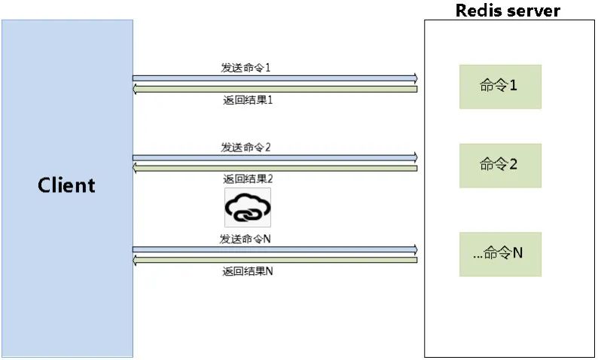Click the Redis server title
(x=508, y=10)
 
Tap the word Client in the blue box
(x=66, y=185)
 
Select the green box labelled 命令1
(x=500, y=86)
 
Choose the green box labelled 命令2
(x=500, y=165)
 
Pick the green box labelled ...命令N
(x=500, y=254)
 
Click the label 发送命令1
(x=246, y=67)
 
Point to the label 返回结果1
(x=247, y=100)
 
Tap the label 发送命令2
(x=246, y=147)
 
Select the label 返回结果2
(x=248, y=179)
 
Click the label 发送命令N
(x=246, y=239)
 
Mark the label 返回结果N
(x=248, y=271)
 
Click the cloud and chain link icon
(x=247, y=208)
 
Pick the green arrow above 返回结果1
(x=276, y=89)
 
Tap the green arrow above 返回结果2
(x=276, y=167)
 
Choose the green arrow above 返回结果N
(x=276, y=260)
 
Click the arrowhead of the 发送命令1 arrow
(x=414, y=78)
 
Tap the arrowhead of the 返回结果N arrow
(x=136, y=260)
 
